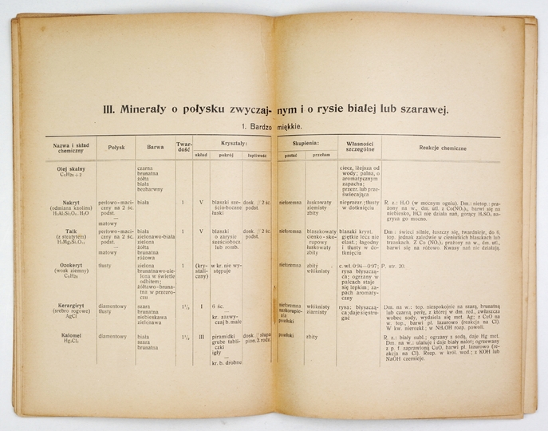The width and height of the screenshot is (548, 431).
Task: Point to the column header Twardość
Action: (x=183, y=147)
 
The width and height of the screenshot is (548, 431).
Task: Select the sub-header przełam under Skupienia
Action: (x=321, y=156)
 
